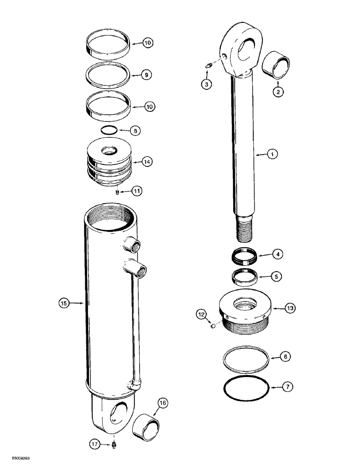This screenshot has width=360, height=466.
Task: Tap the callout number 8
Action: [135, 131]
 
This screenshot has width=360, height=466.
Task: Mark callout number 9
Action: [146, 75]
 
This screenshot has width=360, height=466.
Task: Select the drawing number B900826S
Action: [17, 460]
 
